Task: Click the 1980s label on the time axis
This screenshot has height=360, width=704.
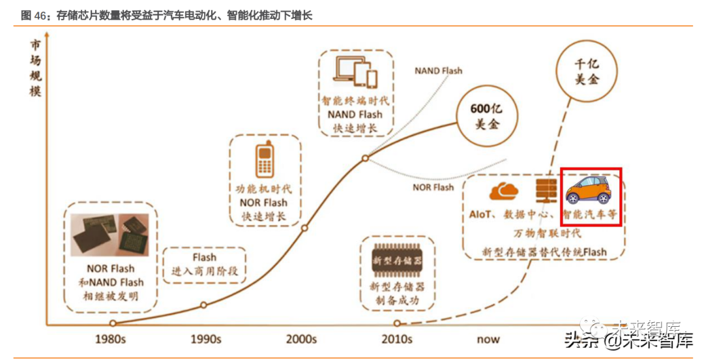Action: tap(115, 339)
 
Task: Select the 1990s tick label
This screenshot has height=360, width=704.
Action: tap(206, 339)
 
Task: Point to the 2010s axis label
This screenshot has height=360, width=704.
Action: tap(396, 339)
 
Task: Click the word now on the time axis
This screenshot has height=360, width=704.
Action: tap(488, 339)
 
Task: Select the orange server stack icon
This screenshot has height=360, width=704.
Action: tap(544, 190)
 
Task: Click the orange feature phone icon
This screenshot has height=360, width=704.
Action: tap(264, 158)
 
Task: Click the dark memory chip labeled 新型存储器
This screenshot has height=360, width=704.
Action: tap(396, 261)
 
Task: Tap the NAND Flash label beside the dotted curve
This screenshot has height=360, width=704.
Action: tap(438, 70)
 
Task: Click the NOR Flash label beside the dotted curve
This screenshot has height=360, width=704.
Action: tap(433, 187)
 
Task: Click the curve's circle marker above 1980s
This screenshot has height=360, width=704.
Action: tap(113, 323)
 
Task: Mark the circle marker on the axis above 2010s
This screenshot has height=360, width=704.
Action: tap(397, 323)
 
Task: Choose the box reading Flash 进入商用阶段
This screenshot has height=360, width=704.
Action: tap(204, 264)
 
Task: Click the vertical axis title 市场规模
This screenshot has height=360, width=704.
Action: tap(35, 68)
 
